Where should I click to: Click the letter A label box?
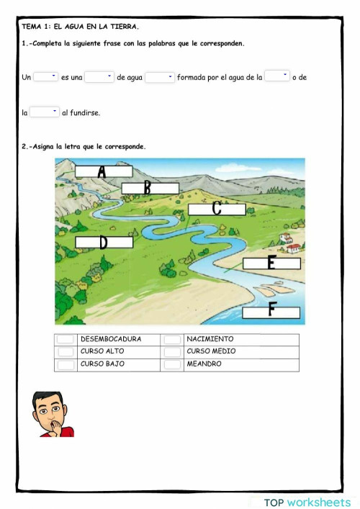[104, 171]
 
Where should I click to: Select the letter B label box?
[149, 188]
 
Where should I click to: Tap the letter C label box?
[217, 209]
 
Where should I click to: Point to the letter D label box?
[104, 242]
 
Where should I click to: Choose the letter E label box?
[271, 263]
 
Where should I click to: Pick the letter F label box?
[271, 312]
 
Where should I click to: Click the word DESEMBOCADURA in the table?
[111, 339]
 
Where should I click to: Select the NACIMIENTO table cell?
[210, 339]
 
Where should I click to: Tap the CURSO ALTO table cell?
[102, 351]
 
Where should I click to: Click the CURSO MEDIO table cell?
[211, 351]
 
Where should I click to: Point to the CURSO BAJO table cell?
[102, 364]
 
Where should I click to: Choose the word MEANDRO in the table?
[204, 364]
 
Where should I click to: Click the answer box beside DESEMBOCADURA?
[66, 340]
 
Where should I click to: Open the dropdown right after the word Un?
[45, 76]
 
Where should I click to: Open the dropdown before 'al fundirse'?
[45, 112]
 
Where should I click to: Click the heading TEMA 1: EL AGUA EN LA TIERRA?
[80, 26]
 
